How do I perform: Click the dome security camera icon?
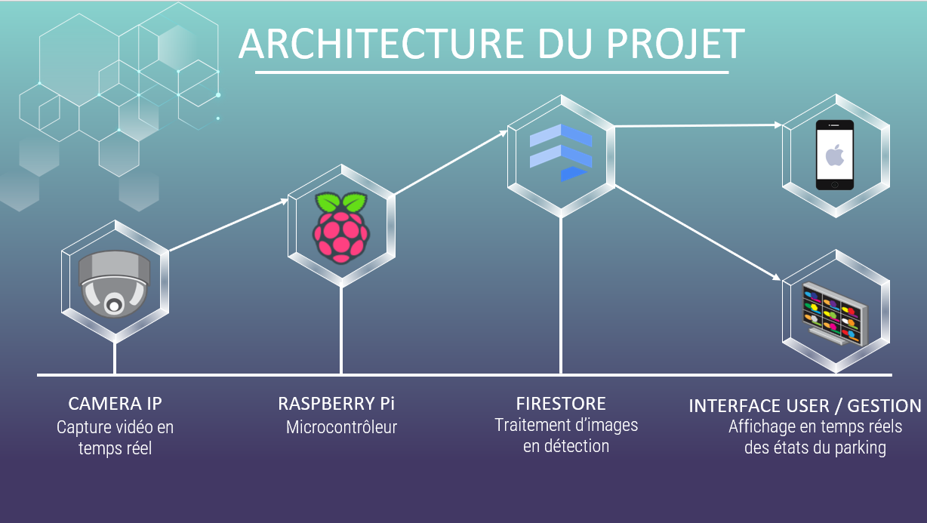115,285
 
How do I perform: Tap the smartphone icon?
834,155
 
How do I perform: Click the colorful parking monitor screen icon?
835,312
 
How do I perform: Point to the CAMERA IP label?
115,403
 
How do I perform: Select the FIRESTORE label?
561,403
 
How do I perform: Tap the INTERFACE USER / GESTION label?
805,406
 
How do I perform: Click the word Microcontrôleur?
341,427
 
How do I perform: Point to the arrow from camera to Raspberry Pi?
229,224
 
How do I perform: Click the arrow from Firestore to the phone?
698,125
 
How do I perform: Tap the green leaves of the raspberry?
341,203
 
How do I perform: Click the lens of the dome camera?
114,305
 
